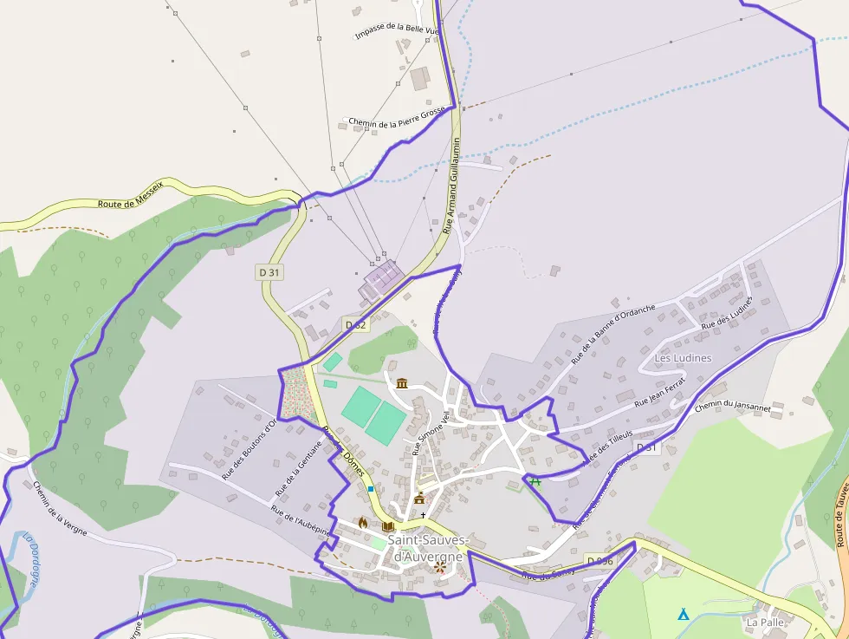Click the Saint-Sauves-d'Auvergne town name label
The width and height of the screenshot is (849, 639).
(x=428, y=548)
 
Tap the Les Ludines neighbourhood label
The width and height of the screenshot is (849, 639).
(x=683, y=358)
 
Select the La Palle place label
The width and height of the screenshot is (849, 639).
(x=763, y=622)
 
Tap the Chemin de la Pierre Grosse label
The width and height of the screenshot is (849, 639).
(x=397, y=118)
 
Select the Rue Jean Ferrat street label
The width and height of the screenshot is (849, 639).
(x=659, y=392)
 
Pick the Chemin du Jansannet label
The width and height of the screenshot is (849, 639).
(x=732, y=406)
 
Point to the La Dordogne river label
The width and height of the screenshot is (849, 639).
(x=31, y=560)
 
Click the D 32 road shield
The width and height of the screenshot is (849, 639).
(x=355, y=324)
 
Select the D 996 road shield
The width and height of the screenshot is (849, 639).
(x=599, y=561)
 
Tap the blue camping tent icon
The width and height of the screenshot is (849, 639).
(x=683, y=615)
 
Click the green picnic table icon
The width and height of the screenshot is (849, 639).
(x=535, y=481)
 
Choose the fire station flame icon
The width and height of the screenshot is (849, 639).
(x=362, y=523)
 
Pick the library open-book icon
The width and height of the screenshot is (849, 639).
(x=387, y=526)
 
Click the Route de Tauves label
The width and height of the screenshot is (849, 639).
(x=842, y=515)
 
